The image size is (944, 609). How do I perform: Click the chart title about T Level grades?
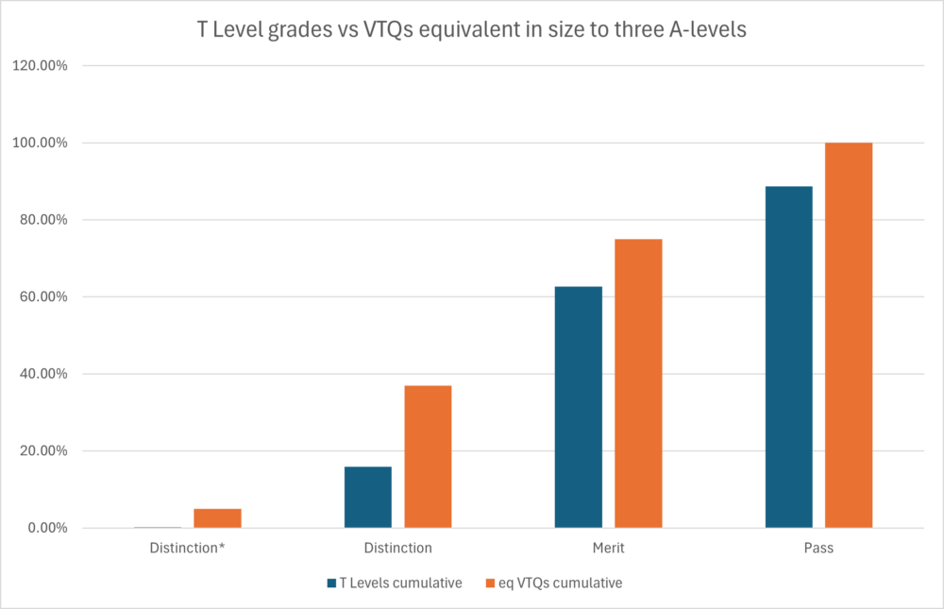[472, 28]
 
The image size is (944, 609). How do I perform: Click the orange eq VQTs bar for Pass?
[849, 335]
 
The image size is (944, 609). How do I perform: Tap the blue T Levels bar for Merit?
[578, 407]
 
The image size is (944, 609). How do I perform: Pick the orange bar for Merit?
[638, 383]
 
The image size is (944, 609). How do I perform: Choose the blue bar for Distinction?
[367, 497]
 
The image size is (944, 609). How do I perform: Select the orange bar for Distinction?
[428, 456]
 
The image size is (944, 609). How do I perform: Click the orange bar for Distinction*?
[217, 517]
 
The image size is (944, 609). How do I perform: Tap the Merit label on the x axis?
[608, 548]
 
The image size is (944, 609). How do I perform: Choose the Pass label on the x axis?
[818, 548]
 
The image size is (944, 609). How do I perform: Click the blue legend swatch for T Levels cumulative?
[332, 584]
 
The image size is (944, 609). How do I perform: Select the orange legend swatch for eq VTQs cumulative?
[489, 584]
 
